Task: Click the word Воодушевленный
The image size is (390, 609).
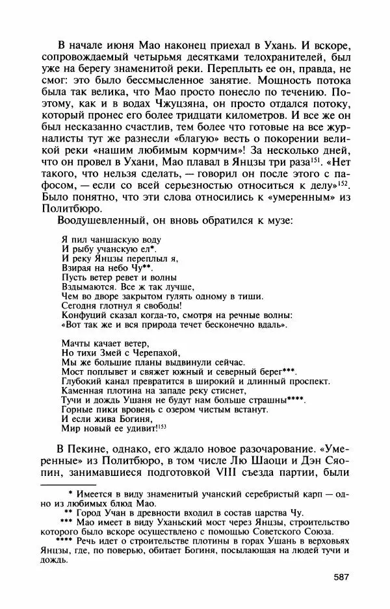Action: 96,221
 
